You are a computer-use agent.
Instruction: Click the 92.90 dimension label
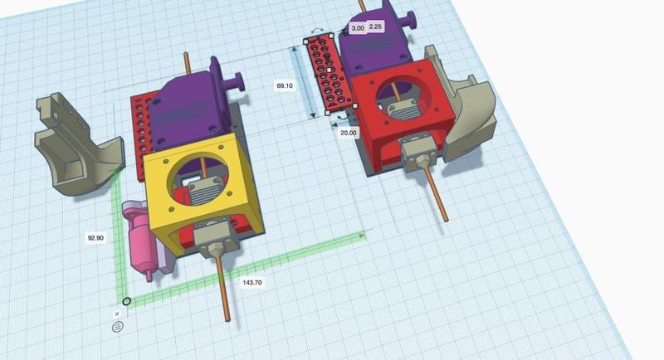point(95,238)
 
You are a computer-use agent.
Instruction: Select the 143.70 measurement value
point(252,283)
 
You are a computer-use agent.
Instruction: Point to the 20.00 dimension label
point(349,133)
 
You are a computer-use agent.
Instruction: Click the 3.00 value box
point(358,27)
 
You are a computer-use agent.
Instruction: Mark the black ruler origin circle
point(126,302)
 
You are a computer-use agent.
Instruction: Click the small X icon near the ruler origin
point(117,314)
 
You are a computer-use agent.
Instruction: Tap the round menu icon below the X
point(117,327)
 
